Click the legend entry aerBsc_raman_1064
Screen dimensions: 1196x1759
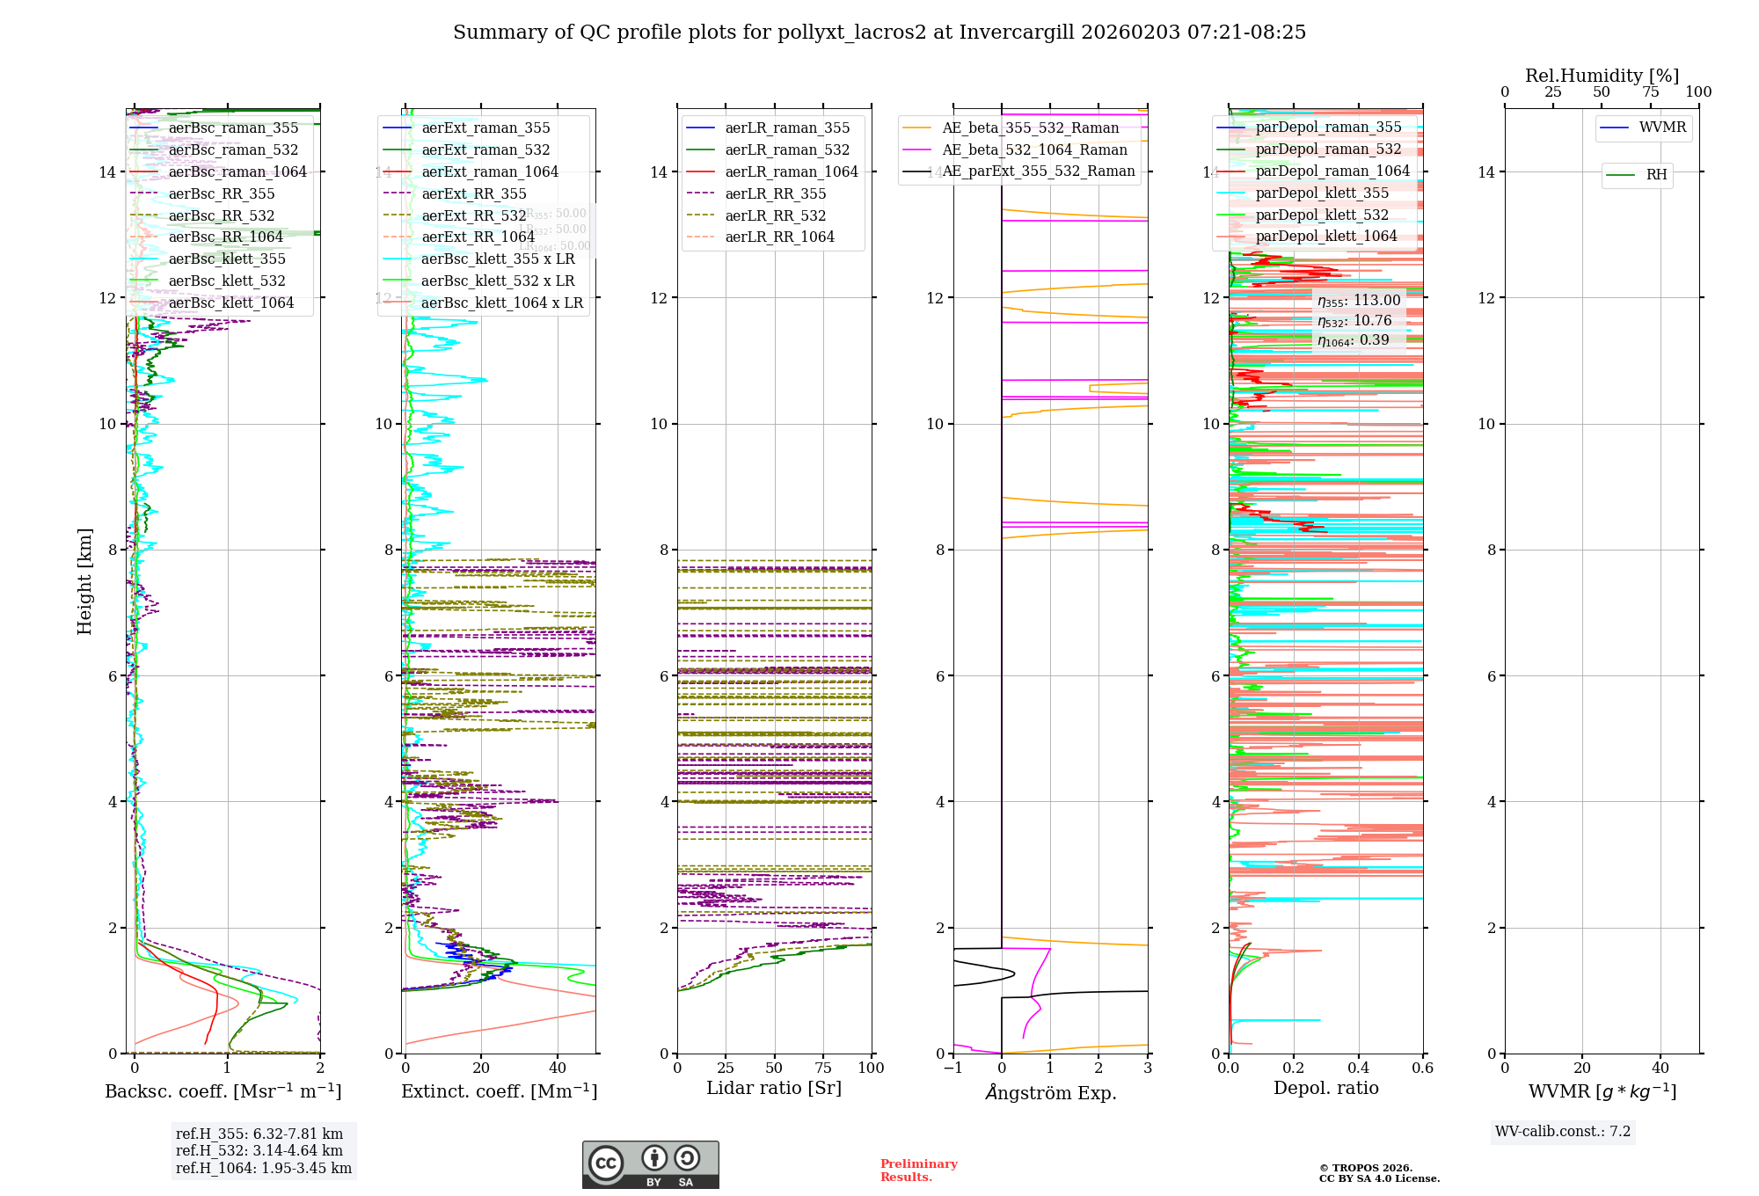point(237,171)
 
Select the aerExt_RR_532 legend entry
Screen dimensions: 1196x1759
point(473,215)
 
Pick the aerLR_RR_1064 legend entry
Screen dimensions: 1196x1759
point(779,237)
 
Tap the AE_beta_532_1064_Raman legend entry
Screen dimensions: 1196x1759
point(1034,149)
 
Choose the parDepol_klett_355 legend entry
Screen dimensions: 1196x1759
point(1322,193)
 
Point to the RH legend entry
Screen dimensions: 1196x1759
point(1656,175)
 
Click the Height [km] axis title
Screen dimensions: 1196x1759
point(84,581)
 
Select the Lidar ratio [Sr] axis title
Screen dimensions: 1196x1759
point(774,1088)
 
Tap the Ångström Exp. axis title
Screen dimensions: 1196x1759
point(1051,1092)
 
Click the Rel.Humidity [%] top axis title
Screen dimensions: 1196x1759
point(1602,76)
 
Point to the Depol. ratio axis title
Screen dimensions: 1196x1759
point(1326,1088)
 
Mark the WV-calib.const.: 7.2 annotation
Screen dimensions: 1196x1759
point(1563,1131)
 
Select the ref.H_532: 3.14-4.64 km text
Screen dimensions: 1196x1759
point(259,1150)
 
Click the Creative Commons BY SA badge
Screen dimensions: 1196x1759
point(650,1164)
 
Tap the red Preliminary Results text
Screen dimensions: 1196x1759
point(918,1170)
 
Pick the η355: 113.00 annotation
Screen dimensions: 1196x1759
point(1359,301)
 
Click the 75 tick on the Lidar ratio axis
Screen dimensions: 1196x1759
point(823,1068)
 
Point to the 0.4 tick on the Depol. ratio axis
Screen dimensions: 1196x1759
point(1358,1068)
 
